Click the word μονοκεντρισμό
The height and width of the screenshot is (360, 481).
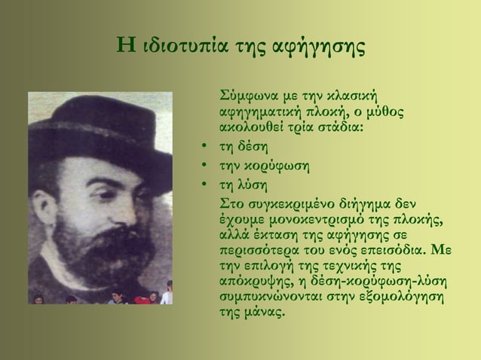(308, 218)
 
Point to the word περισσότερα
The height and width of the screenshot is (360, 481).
(256, 249)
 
